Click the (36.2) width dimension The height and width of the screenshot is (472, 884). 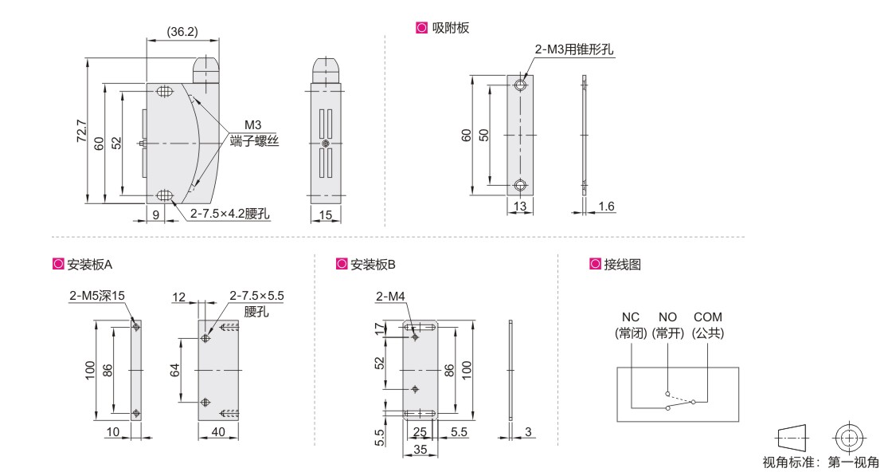tap(182, 32)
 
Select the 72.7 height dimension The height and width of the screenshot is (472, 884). tap(82, 130)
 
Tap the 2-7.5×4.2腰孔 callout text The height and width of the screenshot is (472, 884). tap(229, 214)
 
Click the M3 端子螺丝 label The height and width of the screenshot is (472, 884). tap(254, 133)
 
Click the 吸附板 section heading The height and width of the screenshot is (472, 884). tap(451, 28)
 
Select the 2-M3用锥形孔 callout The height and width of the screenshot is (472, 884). tap(574, 49)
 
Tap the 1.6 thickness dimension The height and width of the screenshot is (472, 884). tap(607, 206)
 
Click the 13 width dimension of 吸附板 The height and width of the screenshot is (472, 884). tap(519, 206)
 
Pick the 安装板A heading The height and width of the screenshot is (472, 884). tap(90, 264)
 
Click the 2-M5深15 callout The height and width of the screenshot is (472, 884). tap(96, 295)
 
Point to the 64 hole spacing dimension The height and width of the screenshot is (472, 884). tap(174, 371)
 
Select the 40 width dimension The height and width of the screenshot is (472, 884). tap(217, 432)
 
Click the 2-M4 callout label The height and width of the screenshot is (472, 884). tap(391, 296)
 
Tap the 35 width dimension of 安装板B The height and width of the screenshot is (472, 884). tap(420, 450)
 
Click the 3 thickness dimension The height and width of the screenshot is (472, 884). tap(528, 432)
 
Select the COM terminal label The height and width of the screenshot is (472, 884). tap(707, 317)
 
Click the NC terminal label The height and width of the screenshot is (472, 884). tap(630, 317)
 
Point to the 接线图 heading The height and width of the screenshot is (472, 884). tap(623, 264)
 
